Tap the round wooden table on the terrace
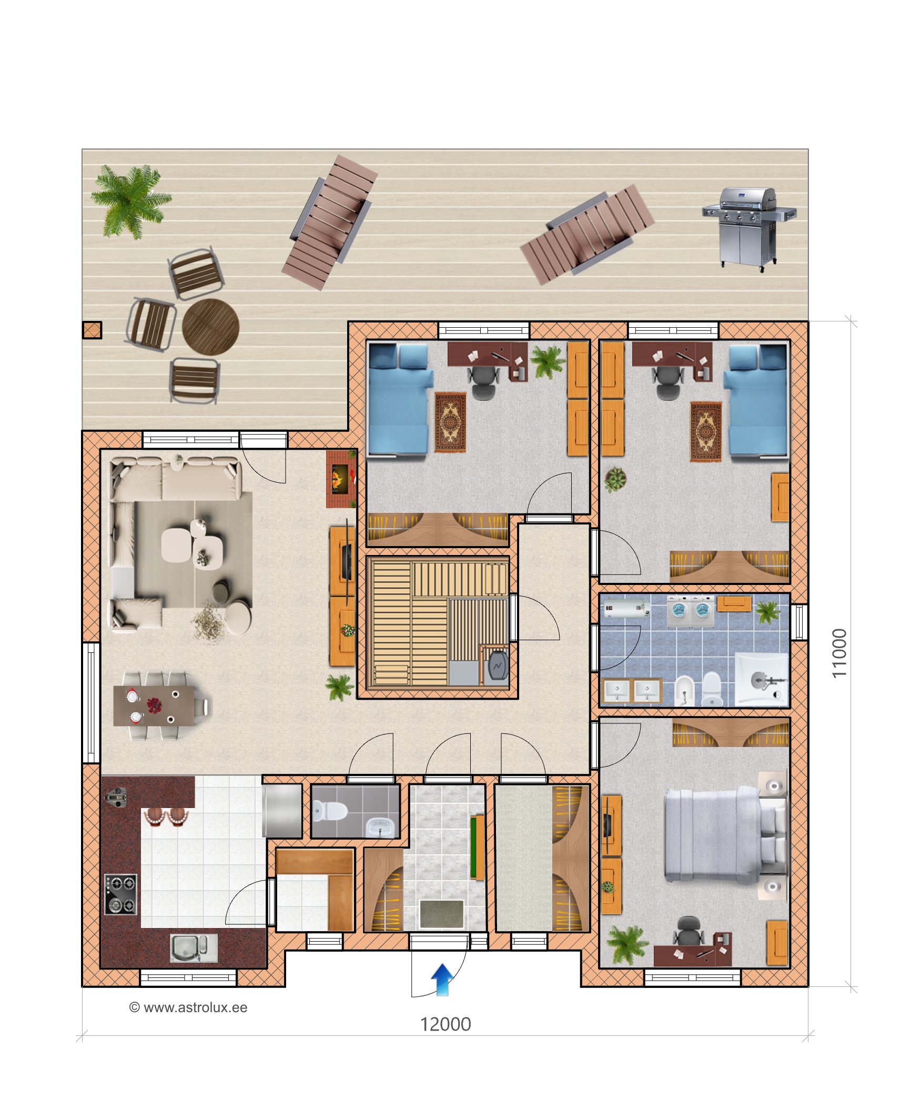[210, 327]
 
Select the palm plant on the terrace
[130, 200]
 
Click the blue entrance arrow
[442, 980]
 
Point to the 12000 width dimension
[445, 1024]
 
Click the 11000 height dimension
[839, 653]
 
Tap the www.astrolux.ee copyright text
[188, 1007]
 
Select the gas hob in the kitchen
[120, 894]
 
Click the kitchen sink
[194, 947]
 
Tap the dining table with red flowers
[154, 705]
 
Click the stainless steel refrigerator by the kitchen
[282, 811]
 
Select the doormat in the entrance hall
[442, 914]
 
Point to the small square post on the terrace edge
[92, 330]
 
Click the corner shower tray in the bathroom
[762, 679]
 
